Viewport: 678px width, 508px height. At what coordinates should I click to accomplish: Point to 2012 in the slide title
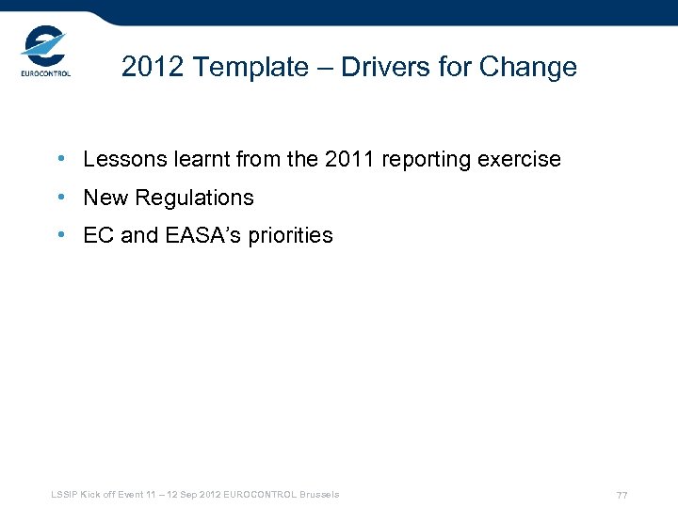(x=150, y=68)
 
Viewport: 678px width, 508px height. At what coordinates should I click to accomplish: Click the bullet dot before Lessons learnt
(x=60, y=160)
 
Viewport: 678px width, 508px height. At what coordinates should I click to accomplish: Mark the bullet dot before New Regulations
(x=60, y=198)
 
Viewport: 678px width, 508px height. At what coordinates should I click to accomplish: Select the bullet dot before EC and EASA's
(x=60, y=235)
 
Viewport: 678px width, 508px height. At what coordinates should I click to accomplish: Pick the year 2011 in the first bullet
(x=348, y=160)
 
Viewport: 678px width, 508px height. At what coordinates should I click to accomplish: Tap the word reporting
(x=425, y=161)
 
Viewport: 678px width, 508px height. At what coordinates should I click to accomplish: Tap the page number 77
(x=621, y=495)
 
